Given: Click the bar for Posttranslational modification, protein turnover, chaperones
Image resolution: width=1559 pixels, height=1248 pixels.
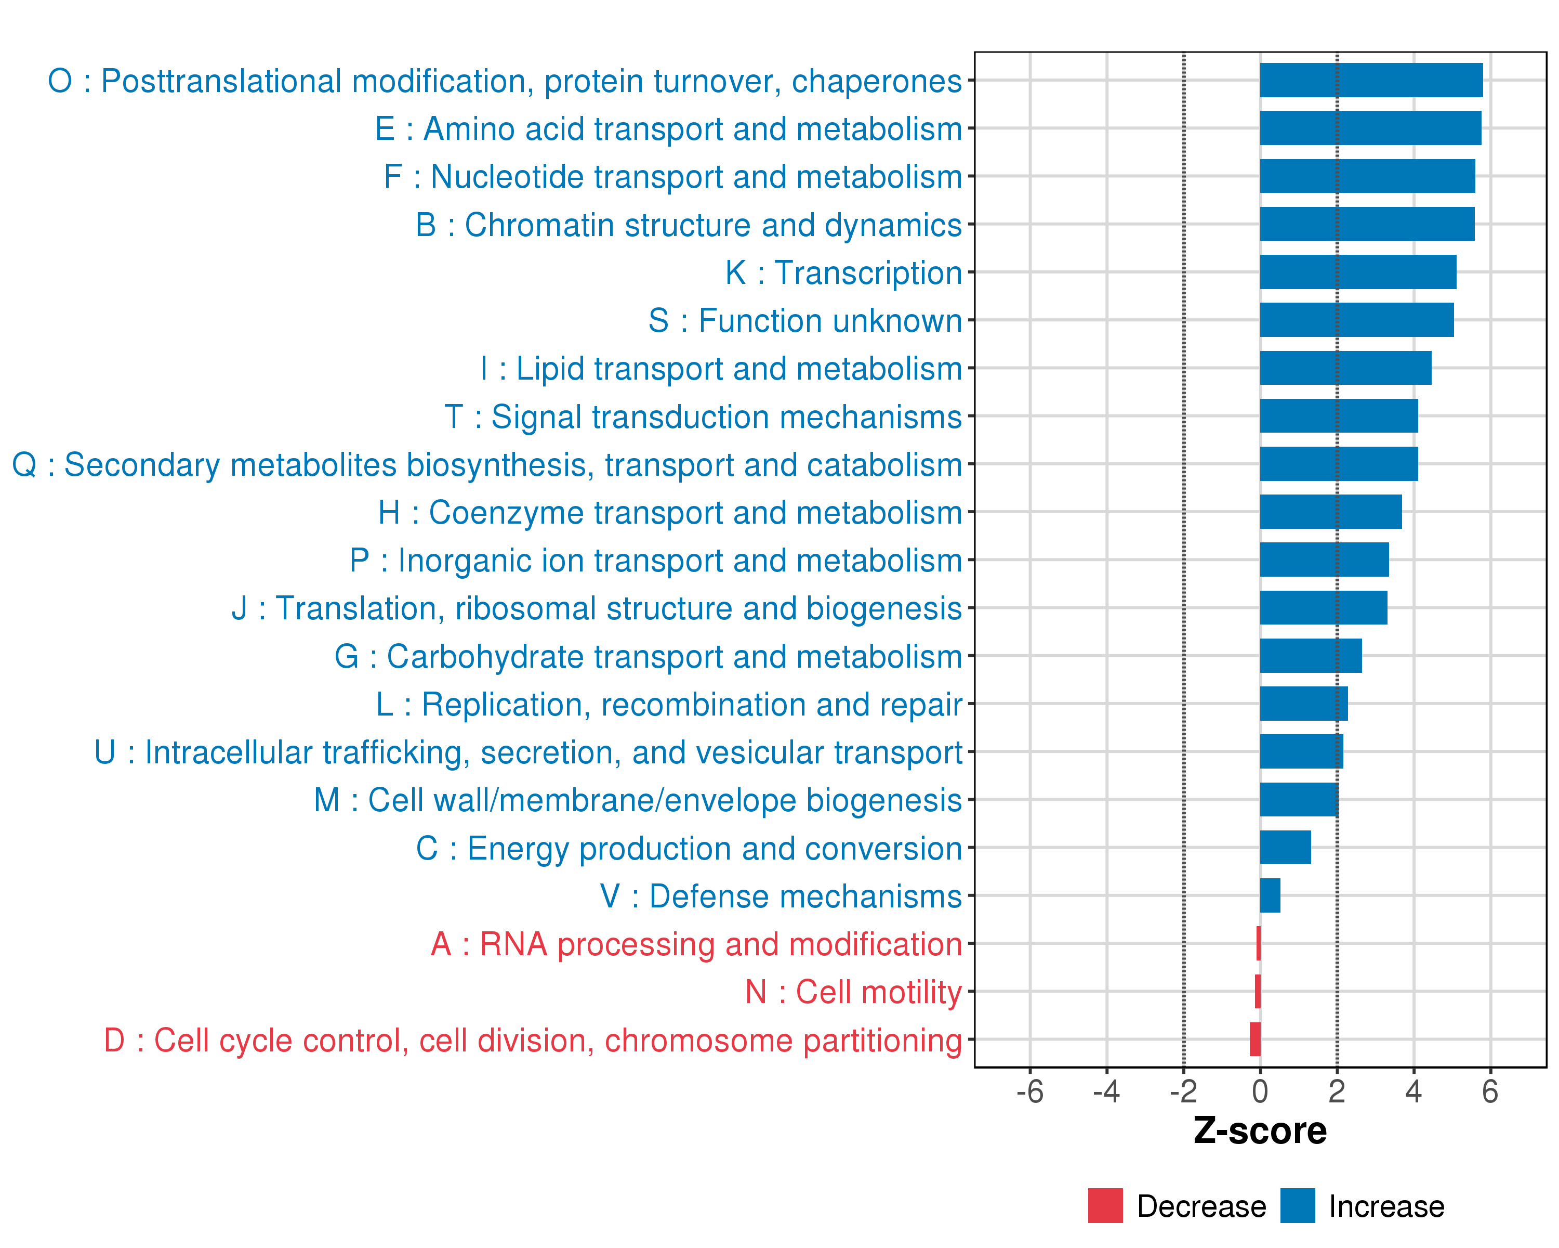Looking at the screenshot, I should point(1371,80).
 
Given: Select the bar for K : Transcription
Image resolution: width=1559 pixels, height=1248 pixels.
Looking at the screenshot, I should point(1358,272).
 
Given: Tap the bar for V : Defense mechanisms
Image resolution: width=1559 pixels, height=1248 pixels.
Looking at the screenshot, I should point(1270,895).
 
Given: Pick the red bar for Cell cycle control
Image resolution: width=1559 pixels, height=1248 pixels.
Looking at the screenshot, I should point(1254,1039).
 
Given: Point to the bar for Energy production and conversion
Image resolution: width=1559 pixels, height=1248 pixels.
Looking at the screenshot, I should point(1285,847).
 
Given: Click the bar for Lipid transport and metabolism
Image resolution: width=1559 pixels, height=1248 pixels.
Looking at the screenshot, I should point(1345,368).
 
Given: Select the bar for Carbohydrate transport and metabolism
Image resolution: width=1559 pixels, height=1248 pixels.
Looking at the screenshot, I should point(1310,656).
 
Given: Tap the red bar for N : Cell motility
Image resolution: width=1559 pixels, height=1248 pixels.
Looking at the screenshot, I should point(1258,991).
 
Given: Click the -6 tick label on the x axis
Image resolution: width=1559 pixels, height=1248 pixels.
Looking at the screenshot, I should point(1029,1091).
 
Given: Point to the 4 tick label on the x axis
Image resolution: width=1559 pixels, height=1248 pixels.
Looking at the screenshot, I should point(1413,1091).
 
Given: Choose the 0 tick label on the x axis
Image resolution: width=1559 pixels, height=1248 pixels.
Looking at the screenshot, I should point(1260,1091).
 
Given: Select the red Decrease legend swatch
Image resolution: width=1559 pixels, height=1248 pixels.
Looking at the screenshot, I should point(1105,1206).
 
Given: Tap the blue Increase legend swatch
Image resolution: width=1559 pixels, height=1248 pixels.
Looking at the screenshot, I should point(1297,1206).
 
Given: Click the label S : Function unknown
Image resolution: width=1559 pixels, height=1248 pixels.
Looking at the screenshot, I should point(805,320).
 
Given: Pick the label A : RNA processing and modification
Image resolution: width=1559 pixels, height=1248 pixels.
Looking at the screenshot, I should point(696,944).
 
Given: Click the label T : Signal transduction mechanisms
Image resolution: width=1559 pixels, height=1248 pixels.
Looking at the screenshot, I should point(703,417).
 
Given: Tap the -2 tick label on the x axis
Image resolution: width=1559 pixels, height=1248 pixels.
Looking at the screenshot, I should point(1183,1091).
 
